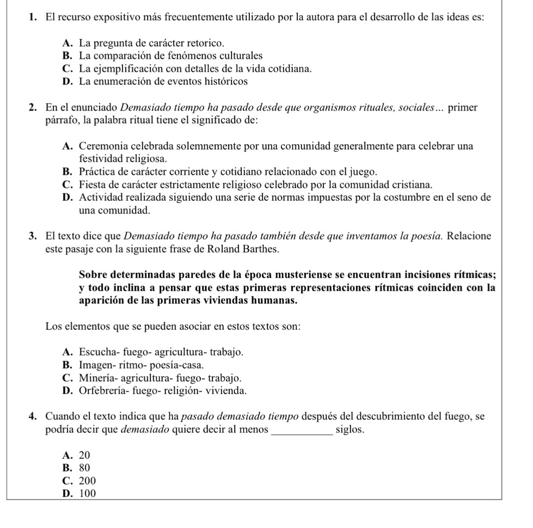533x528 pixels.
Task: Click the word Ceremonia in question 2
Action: click(x=100, y=146)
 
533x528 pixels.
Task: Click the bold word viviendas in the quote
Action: click(x=240, y=300)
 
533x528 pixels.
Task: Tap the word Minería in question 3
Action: click(x=97, y=378)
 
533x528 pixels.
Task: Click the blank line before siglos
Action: click(x=300, y=430)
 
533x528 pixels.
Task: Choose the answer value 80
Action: click(x=84, y=468)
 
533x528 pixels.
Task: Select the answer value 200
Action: click(x=87, y=481)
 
